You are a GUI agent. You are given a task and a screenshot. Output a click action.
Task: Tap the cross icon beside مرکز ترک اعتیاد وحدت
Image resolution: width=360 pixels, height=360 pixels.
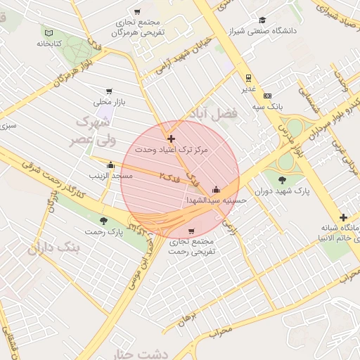pos(171,139)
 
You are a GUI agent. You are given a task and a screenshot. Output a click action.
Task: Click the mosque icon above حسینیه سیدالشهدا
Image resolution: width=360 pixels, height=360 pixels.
pos(216,189)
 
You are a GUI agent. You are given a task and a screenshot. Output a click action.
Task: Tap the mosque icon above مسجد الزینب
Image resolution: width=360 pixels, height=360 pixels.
pos(110,165)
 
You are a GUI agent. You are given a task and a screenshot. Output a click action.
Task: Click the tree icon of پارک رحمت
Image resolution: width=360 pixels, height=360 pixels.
pos(104,221)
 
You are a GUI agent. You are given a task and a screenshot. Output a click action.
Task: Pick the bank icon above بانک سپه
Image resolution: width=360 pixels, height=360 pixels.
pos(267,95)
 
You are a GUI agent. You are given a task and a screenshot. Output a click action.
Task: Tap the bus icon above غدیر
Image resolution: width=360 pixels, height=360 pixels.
pos(248,78)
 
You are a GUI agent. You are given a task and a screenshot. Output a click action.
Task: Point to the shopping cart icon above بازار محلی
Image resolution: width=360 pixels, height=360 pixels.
pos(109,91)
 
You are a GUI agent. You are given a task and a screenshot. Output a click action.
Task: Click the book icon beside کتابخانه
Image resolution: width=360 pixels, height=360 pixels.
pos(49,33)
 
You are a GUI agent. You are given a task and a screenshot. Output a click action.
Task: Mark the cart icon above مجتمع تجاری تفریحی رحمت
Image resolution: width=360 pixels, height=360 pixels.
pos(191,231)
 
